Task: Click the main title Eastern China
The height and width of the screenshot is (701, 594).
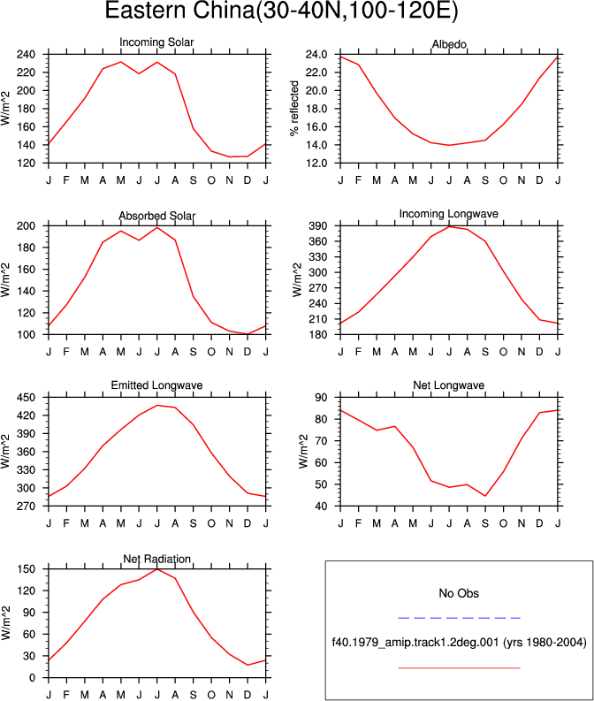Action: [x=281, y=11]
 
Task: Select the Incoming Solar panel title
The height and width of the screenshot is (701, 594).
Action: [x=156, y=42]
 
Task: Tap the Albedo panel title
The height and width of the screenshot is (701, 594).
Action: [x=449, y=44]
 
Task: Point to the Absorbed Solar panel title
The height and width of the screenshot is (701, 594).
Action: [x=156, y=216]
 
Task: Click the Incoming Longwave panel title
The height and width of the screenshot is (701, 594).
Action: [x=449, y=214]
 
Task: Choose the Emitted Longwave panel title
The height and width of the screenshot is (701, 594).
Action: [x=156, y=385]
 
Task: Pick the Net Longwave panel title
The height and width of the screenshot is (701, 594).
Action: [x=449, y=385]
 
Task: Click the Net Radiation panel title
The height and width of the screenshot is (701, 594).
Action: [x=156, y=559]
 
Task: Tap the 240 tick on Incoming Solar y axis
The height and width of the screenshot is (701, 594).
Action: [x=26, y=55]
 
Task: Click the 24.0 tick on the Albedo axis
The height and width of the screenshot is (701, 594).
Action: [x=316, y=55]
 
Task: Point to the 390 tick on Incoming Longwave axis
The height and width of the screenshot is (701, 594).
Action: [x=318, y=226]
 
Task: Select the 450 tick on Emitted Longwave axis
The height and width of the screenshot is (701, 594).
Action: [x=26, y=398]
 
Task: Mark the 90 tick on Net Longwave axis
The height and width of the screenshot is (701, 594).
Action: [x=322, y=398]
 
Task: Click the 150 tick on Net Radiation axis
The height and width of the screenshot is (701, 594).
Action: [x=26, y=569]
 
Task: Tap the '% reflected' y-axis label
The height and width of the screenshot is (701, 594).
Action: [x=294, y=108]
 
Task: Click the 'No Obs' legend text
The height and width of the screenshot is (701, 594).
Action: [x=459, y=593]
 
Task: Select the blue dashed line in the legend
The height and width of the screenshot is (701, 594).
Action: [x=459, y=618]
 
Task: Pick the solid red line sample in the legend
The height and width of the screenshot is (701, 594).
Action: [x=459, y=668]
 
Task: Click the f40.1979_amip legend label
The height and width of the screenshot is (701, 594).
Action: [x=459, y=643]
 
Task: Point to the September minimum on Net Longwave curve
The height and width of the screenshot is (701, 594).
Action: [x=485, y=496]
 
